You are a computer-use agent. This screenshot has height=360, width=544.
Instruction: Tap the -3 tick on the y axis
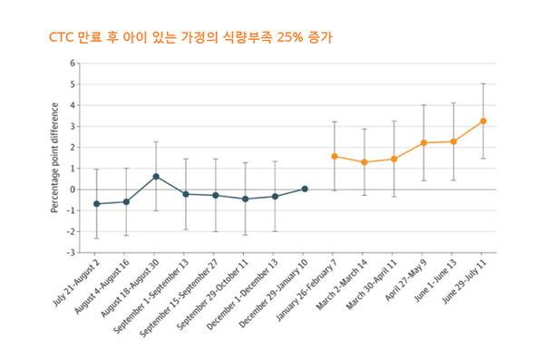click(x=73, y=252)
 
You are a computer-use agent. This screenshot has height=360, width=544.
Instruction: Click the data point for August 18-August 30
click(x=156, y=176)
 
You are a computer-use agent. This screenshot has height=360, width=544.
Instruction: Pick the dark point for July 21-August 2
click(x=96, y=204)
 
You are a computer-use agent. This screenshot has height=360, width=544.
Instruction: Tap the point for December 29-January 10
click(x=305, y=189)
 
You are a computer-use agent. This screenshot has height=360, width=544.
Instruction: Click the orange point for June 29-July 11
click(x=483, y=121)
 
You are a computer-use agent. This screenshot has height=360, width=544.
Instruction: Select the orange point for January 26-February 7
click(x=335, y=156)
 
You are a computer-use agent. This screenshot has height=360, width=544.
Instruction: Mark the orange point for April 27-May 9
click(x=423, y=143)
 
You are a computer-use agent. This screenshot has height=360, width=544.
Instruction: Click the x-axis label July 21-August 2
click(x=77, y=281)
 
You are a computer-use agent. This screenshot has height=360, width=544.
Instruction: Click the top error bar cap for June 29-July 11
click(x=483, y=83)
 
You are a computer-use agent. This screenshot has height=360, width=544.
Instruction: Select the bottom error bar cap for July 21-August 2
click(x=96, y=238)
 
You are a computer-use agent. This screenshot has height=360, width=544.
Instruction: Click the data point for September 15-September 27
click(x=216, y=195)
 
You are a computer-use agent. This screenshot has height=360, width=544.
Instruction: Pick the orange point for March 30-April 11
click(x=394, y=159)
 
